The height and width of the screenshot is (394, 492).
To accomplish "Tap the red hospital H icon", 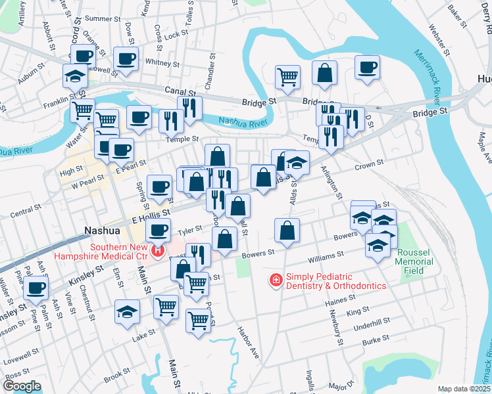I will [157, 250].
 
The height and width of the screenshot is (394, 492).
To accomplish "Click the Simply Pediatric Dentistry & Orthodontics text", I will [335, 280].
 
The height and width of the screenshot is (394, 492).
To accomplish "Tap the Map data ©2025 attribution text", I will [464, 389].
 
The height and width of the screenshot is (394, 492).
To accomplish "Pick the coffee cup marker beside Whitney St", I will [126, 59].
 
